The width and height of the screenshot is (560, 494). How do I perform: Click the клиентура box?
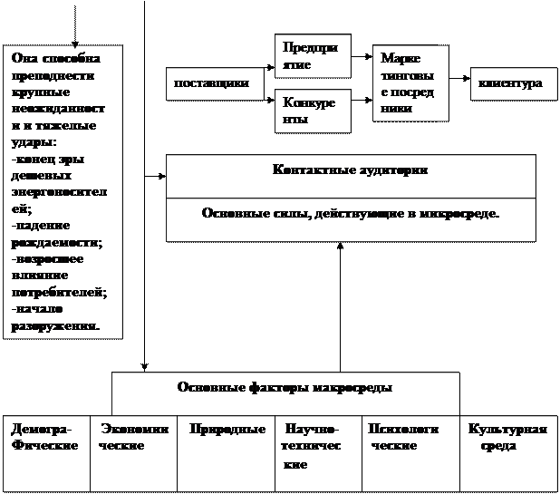(510, 83)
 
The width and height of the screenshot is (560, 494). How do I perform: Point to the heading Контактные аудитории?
(350, 170)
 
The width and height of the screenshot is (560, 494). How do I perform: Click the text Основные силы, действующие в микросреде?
(350, 214)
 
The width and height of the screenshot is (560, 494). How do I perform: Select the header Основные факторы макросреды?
(285, 388)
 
